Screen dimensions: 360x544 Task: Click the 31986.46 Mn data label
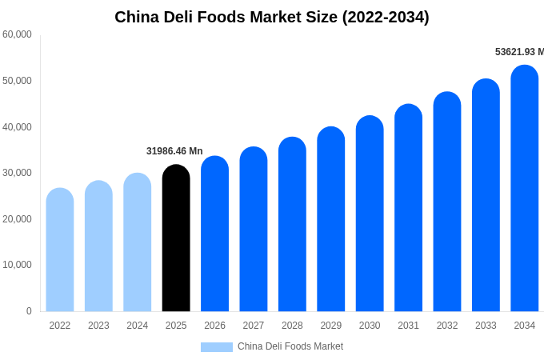(x=174, y=151)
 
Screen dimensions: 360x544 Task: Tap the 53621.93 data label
(x=519, y=52)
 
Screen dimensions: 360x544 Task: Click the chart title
(x=272, y=17)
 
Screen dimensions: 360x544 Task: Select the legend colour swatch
(x=216, y=347)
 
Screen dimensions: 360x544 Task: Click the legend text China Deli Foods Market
(x=290, y=346)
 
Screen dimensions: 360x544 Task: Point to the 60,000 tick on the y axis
(x=17, y=34)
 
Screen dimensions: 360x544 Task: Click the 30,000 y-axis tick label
(x=17, y=173)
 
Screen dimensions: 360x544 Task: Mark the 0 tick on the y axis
(x=29, y=311)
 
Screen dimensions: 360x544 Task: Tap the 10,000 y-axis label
(x=17, y=265)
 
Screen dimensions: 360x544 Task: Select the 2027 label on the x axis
(x=254, y=326)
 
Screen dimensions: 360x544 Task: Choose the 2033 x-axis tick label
(x=486, y=326)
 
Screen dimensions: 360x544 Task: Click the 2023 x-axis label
(x=98, y=326)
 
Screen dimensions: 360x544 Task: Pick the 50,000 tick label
(x=17, y=81)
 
